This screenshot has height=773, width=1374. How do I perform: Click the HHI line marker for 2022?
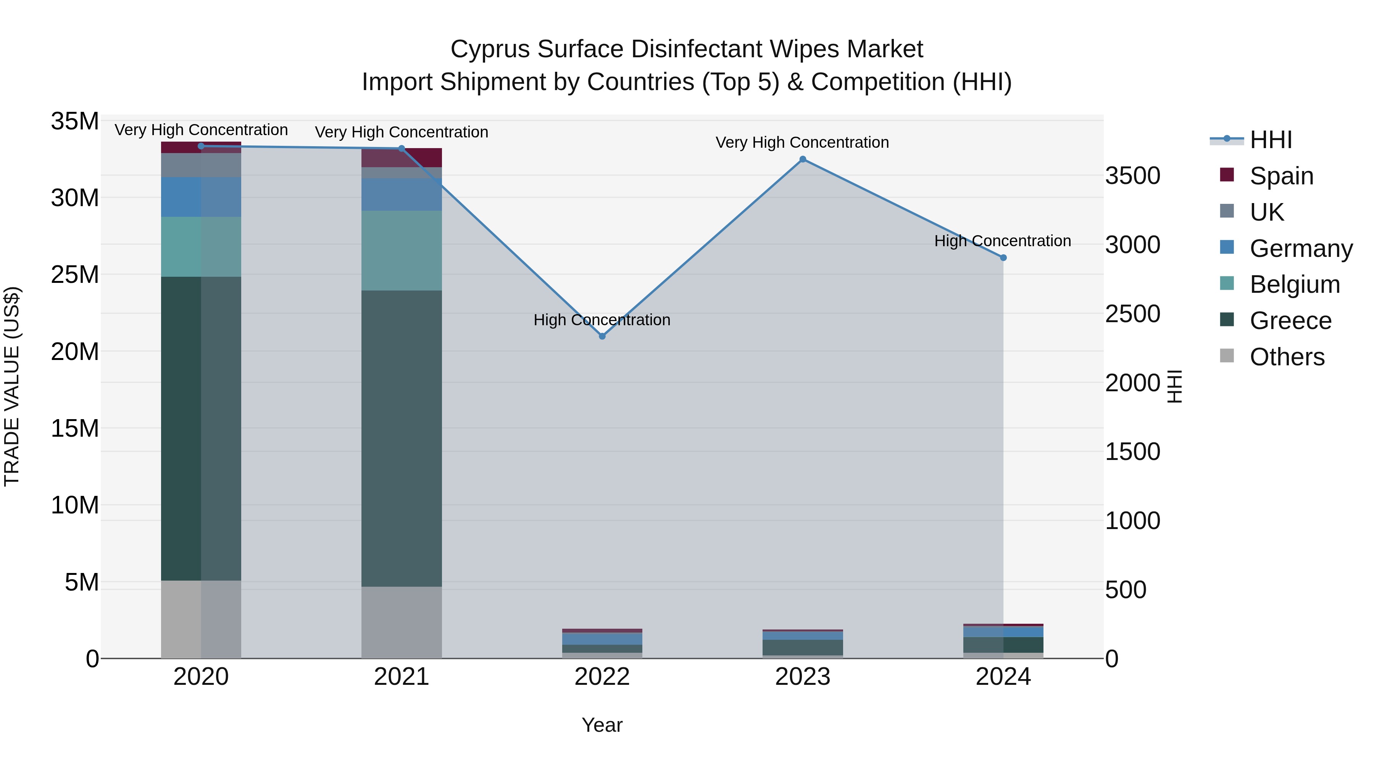(x=602, y=336)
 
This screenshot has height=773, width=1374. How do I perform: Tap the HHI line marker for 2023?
(x=803, y=159)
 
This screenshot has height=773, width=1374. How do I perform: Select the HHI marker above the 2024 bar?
(x=1003, y=258)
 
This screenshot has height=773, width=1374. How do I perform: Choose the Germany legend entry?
(x=1301, y=249)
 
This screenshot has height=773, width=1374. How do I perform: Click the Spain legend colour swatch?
(x=1227, y=175)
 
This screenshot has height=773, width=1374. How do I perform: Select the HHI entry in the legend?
(x=1271, y=140)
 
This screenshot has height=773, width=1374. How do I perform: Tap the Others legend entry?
(x=1287, y=357)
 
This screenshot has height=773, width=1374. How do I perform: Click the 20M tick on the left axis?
(x=75, y=352)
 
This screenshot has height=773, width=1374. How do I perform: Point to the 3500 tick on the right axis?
(x=1132, y=176)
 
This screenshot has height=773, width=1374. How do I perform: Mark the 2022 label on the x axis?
(x=602, y=676)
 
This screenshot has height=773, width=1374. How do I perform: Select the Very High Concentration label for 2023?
(x=802, y=142)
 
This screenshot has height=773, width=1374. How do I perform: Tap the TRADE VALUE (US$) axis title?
(x=12, y=386)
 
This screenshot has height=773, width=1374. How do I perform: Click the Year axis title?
(x=602, y=725)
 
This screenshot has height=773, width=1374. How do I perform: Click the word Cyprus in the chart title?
(x=490, y=49)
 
